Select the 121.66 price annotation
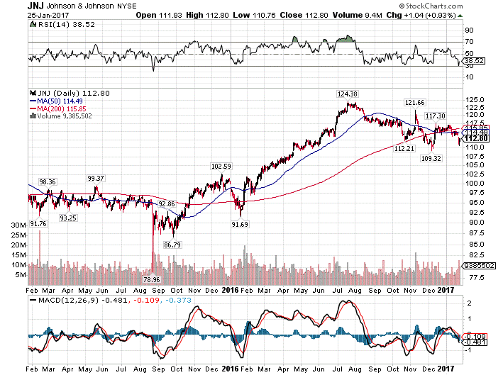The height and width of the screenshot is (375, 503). (x=416, y=103)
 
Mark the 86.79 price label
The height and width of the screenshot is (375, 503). (x=173, y=245)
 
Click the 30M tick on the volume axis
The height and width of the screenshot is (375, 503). (x=18, y=224)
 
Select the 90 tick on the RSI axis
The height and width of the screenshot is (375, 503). (x=468, y=30)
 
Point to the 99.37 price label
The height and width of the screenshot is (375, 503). (x=96, y=177)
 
